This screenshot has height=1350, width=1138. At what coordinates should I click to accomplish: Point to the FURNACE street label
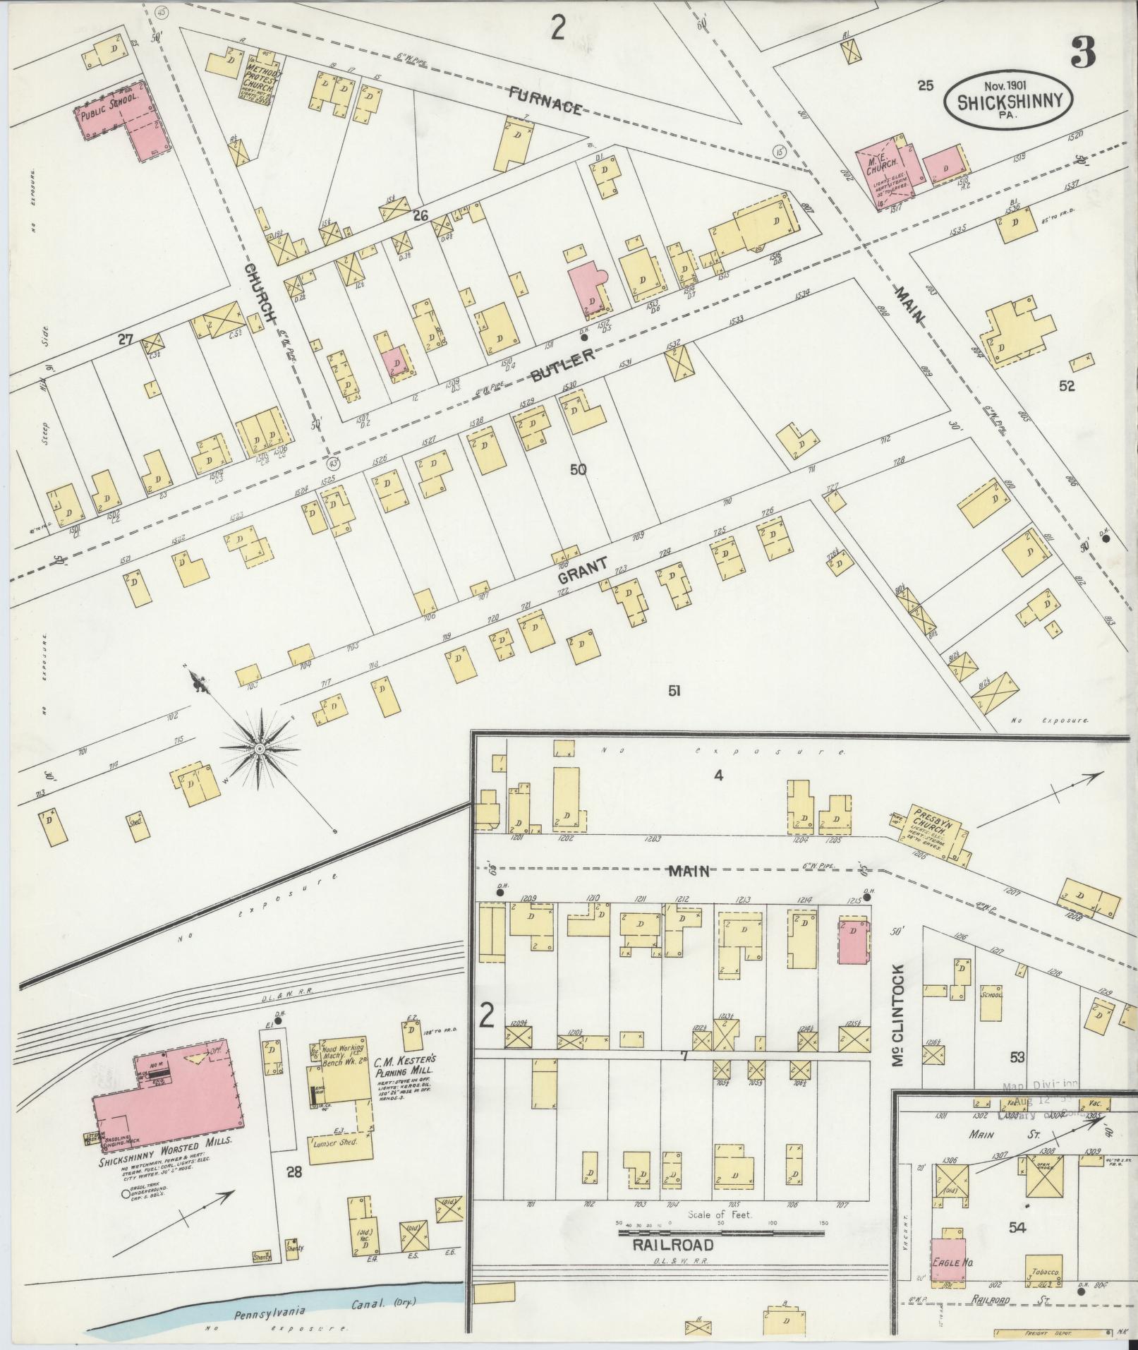(x=547, y=100)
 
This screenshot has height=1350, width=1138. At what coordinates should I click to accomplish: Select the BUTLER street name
(x=562, y=366)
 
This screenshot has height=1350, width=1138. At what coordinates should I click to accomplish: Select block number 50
(x=578, y=469)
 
